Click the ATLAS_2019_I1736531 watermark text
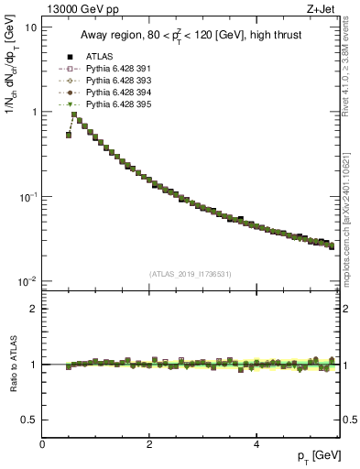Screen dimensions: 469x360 190,273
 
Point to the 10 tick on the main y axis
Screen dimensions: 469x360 31,27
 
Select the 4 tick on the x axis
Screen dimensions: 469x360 256,444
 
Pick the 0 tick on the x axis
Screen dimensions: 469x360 42,444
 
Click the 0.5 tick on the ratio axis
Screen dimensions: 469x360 29,420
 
